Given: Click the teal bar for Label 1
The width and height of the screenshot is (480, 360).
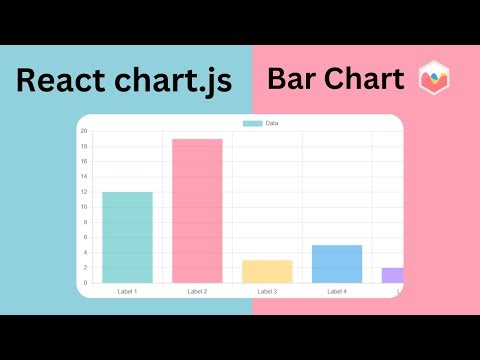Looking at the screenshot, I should (x=127, y=237).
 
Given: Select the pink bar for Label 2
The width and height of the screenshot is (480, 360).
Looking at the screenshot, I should (x=197, y=210).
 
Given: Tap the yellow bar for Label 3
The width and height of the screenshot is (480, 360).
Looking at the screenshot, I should (x=267, y=271).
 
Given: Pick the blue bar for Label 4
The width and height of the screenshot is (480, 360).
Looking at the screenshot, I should (x=337, y=263).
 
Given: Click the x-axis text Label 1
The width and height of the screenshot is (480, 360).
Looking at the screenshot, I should (x=127, y=291).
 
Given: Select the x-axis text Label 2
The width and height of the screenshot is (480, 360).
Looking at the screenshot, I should (x=197, y=291).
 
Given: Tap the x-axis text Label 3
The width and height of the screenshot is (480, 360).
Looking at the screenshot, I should (x=267, y=291).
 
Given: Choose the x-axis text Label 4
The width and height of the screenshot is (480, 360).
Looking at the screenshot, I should (x=337, y=291).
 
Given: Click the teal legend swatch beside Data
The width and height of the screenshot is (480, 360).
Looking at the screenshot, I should (x=253, y=123).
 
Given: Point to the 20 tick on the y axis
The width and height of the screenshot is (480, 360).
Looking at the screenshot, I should (x=84, y=131).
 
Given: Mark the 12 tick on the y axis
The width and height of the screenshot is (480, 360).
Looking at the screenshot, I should (x=84, y=192).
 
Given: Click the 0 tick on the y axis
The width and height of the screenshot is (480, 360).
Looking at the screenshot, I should (x=85, y=283).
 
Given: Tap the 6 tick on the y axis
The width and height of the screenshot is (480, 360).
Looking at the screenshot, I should (x=85, y=238).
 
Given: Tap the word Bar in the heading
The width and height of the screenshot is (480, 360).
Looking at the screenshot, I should (x=293, y=77).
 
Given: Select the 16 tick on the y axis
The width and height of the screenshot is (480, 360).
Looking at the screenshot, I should (x=84, y=161).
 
